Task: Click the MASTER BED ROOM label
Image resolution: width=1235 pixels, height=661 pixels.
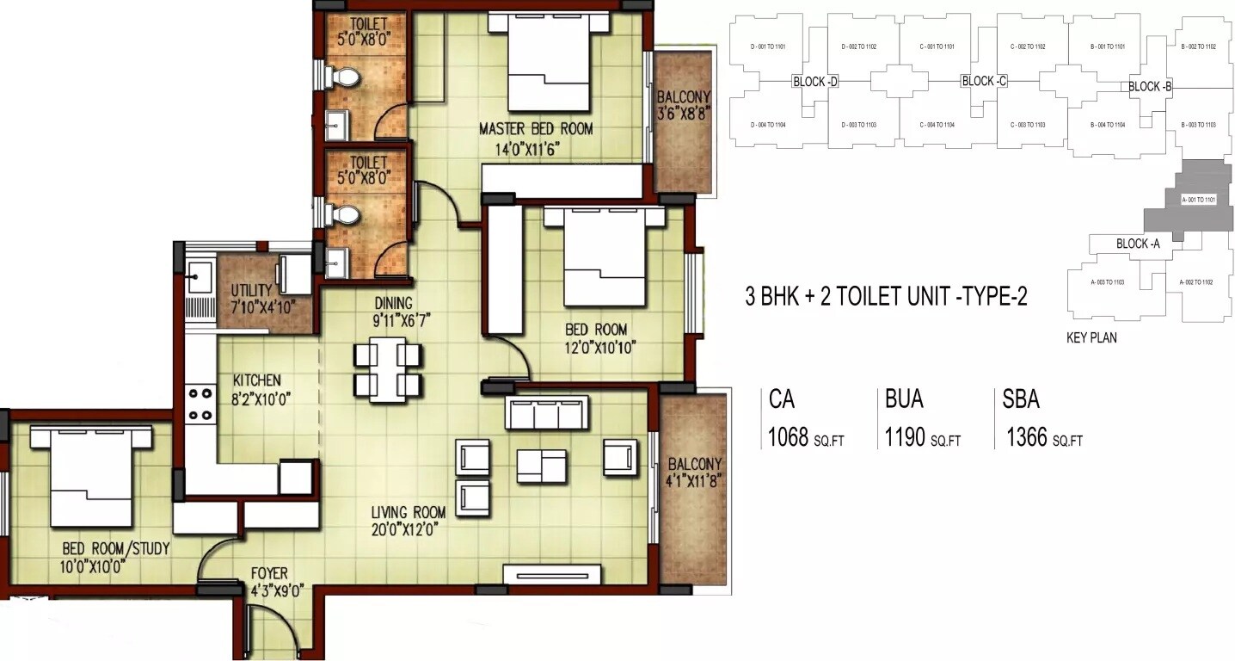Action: click(x=535, y=129)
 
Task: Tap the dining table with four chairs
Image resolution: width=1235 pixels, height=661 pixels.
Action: click(x=387, y=369)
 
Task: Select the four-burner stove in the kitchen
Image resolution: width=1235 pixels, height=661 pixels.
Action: click(x=200, y=404)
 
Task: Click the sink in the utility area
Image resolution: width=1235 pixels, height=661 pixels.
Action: click(x=200, y=279)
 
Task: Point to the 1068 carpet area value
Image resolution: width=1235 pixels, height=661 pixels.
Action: click(x=787, y=437)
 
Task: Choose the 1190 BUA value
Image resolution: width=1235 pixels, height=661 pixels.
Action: click(x=905, y=437)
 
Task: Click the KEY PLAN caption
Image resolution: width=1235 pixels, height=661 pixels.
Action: click(x=1091, y=338)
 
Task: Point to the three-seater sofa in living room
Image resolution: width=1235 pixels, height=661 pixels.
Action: click(x=547, y=413)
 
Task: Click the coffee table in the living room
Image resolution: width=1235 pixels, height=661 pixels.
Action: click(x=541, y=466)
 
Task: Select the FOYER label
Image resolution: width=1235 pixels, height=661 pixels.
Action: click(x=269, y=573)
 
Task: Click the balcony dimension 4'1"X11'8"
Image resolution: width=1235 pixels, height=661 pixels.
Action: click(x=693, y=481)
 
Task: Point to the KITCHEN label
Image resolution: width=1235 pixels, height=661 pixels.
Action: click(x=256, y=380)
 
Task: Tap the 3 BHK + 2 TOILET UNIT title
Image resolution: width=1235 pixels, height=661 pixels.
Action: click(x=886, y=297)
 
